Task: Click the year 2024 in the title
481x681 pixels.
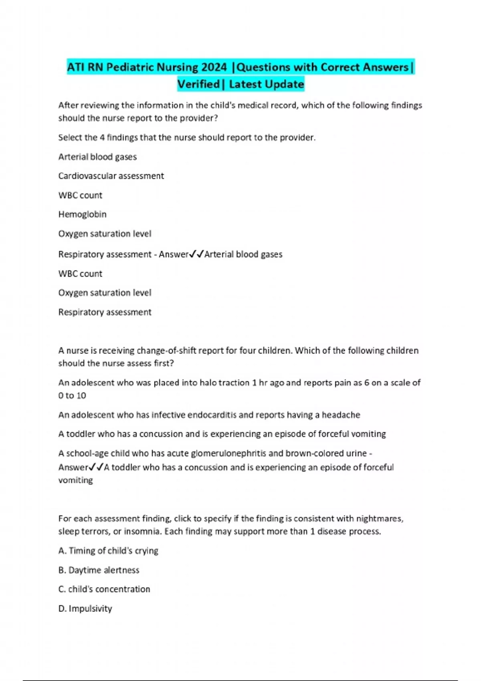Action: click(214, 67)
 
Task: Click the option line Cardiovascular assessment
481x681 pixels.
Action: click(111, 176)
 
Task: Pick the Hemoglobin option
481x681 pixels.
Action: click(82, 214)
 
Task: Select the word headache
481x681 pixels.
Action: click(341, 415)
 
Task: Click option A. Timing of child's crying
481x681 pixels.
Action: click(108, 551)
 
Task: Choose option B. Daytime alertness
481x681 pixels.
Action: click(99, 570)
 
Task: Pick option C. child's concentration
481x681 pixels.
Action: click(104, 589)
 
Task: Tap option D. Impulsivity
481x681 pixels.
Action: click(85, 608)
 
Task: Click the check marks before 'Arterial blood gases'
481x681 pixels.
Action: click(196, 254)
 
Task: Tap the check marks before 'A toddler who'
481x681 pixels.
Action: click(96, 467)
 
